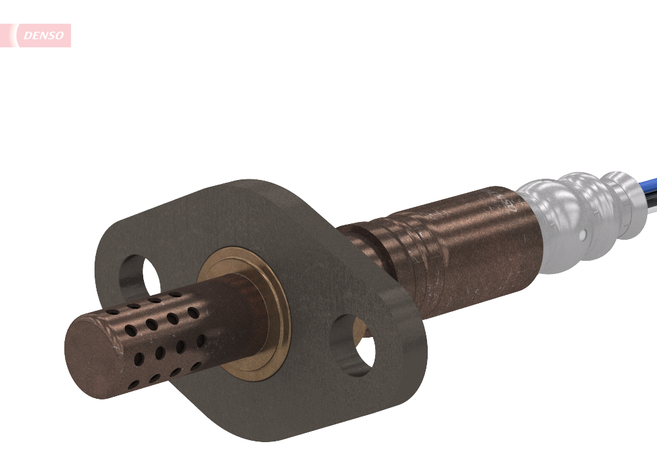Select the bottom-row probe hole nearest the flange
[195, 365]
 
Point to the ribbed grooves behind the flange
[394, 250]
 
